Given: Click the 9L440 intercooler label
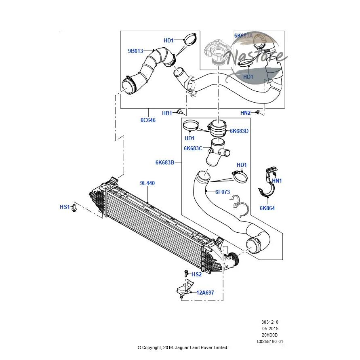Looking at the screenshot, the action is click(147, 183).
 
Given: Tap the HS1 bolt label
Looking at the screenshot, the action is click(65, 207).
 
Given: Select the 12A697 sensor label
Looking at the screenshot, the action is click(205, 293).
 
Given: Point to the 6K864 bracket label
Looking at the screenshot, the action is click(267, 208).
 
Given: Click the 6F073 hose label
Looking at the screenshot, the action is click(223, 192).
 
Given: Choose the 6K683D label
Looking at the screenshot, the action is click(239, 131).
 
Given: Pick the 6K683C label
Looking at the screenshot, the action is click(193, 148).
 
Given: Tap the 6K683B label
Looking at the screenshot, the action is click(165, 162).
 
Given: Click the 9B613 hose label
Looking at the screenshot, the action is click(135, 51).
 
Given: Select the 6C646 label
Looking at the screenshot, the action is click(148, 120).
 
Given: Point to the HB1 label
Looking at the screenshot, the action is click(167, 113).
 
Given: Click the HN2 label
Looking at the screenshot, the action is click(245, 113).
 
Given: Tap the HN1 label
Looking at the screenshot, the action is click(277, 181).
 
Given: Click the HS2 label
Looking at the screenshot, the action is click(196, 274).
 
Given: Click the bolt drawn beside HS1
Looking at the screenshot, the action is click(74, 207).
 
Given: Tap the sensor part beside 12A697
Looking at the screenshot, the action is click(183, 289).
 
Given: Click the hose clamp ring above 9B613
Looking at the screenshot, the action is click(190, 39).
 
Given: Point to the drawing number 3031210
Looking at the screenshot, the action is click(270, 322).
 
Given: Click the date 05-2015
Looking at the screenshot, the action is click(270, 328).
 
